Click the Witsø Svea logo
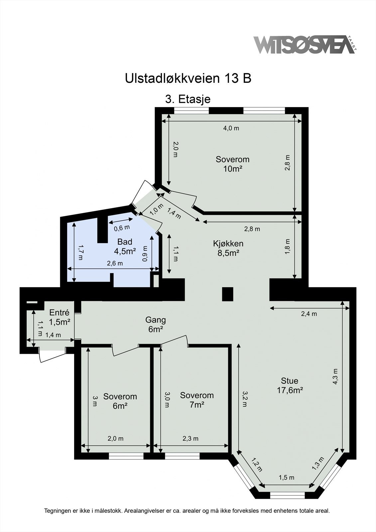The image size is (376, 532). [x=304, y=45]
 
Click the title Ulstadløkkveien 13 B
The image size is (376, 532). [x=188, y=78]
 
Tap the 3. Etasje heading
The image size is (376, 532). [x=188, y=99]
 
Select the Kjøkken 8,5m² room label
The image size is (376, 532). [x=228, y=248]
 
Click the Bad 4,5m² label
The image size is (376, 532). [x=125, y=246]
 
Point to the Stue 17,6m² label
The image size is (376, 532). [x=290, y=385]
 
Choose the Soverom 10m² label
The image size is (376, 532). [x=232, y=164]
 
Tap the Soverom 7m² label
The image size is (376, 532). [x=197, y=400]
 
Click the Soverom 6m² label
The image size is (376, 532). [x=120, y=401]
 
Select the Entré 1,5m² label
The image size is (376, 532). [x=59, y=317]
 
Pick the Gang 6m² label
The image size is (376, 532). [x=155, y=325]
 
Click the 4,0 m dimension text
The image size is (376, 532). [x=231, y=128]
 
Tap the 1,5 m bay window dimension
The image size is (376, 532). [x=286, y=478]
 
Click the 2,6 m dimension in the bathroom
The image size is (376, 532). [x=115, y=263]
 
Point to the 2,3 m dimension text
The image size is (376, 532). [x=190, y=439]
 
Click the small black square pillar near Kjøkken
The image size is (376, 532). [x=228, y=294]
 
